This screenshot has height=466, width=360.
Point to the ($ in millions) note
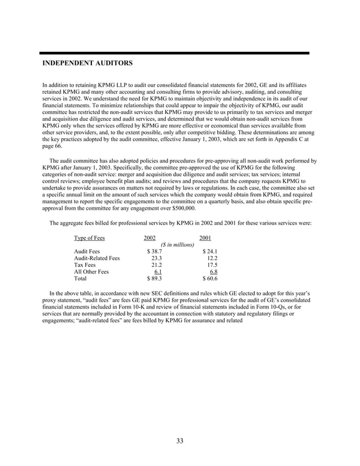(177, 245)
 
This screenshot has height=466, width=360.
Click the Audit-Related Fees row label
(97, 258)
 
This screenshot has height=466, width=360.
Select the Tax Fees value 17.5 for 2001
(212, 265)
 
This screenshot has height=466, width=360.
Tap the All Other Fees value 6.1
(151, 271)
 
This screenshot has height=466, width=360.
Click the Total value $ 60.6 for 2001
(210, 278)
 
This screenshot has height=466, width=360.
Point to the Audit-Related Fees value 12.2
(212, 258)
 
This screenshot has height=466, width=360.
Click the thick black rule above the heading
(176, 53)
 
